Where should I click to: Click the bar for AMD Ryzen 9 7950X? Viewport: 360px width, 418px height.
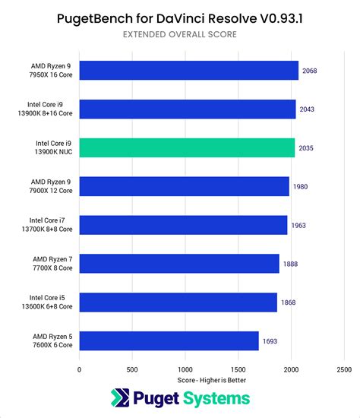click(188, 71)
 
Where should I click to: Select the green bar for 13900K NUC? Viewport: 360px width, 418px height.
click(187, 147)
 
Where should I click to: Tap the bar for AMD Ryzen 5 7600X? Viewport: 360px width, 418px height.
click(169, 340)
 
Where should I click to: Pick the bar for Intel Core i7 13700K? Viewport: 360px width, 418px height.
click(183, 225)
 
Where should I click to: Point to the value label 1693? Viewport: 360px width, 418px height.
click(271, 340)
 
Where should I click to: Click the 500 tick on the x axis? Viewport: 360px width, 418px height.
click(132, 369)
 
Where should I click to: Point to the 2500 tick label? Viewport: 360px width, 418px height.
click(344, 369)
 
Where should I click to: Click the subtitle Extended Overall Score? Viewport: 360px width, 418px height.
click(179, 34)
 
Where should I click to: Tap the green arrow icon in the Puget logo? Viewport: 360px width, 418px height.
click(121, 399)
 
